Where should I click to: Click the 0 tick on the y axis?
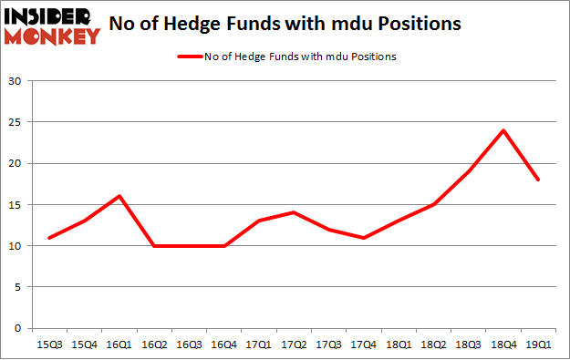(x=19, y=328)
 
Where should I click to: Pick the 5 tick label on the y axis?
(x=19, y=287)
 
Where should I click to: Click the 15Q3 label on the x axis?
(x=48, y=345)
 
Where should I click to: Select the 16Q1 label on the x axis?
(x=119, y=345)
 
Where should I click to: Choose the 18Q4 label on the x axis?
(x=503, y=345)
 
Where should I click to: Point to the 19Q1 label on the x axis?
(x=537, y=345)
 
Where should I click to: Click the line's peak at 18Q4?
(x=503, y=130)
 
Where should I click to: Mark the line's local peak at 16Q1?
(x=119, y=196)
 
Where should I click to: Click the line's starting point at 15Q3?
(x=48, y=237)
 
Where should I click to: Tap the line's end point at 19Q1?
(x=537, y=180)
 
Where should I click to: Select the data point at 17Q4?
(x=363, y=237)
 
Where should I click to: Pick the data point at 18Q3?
(x=468, y=171)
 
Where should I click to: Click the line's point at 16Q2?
(x=153, y=245)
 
